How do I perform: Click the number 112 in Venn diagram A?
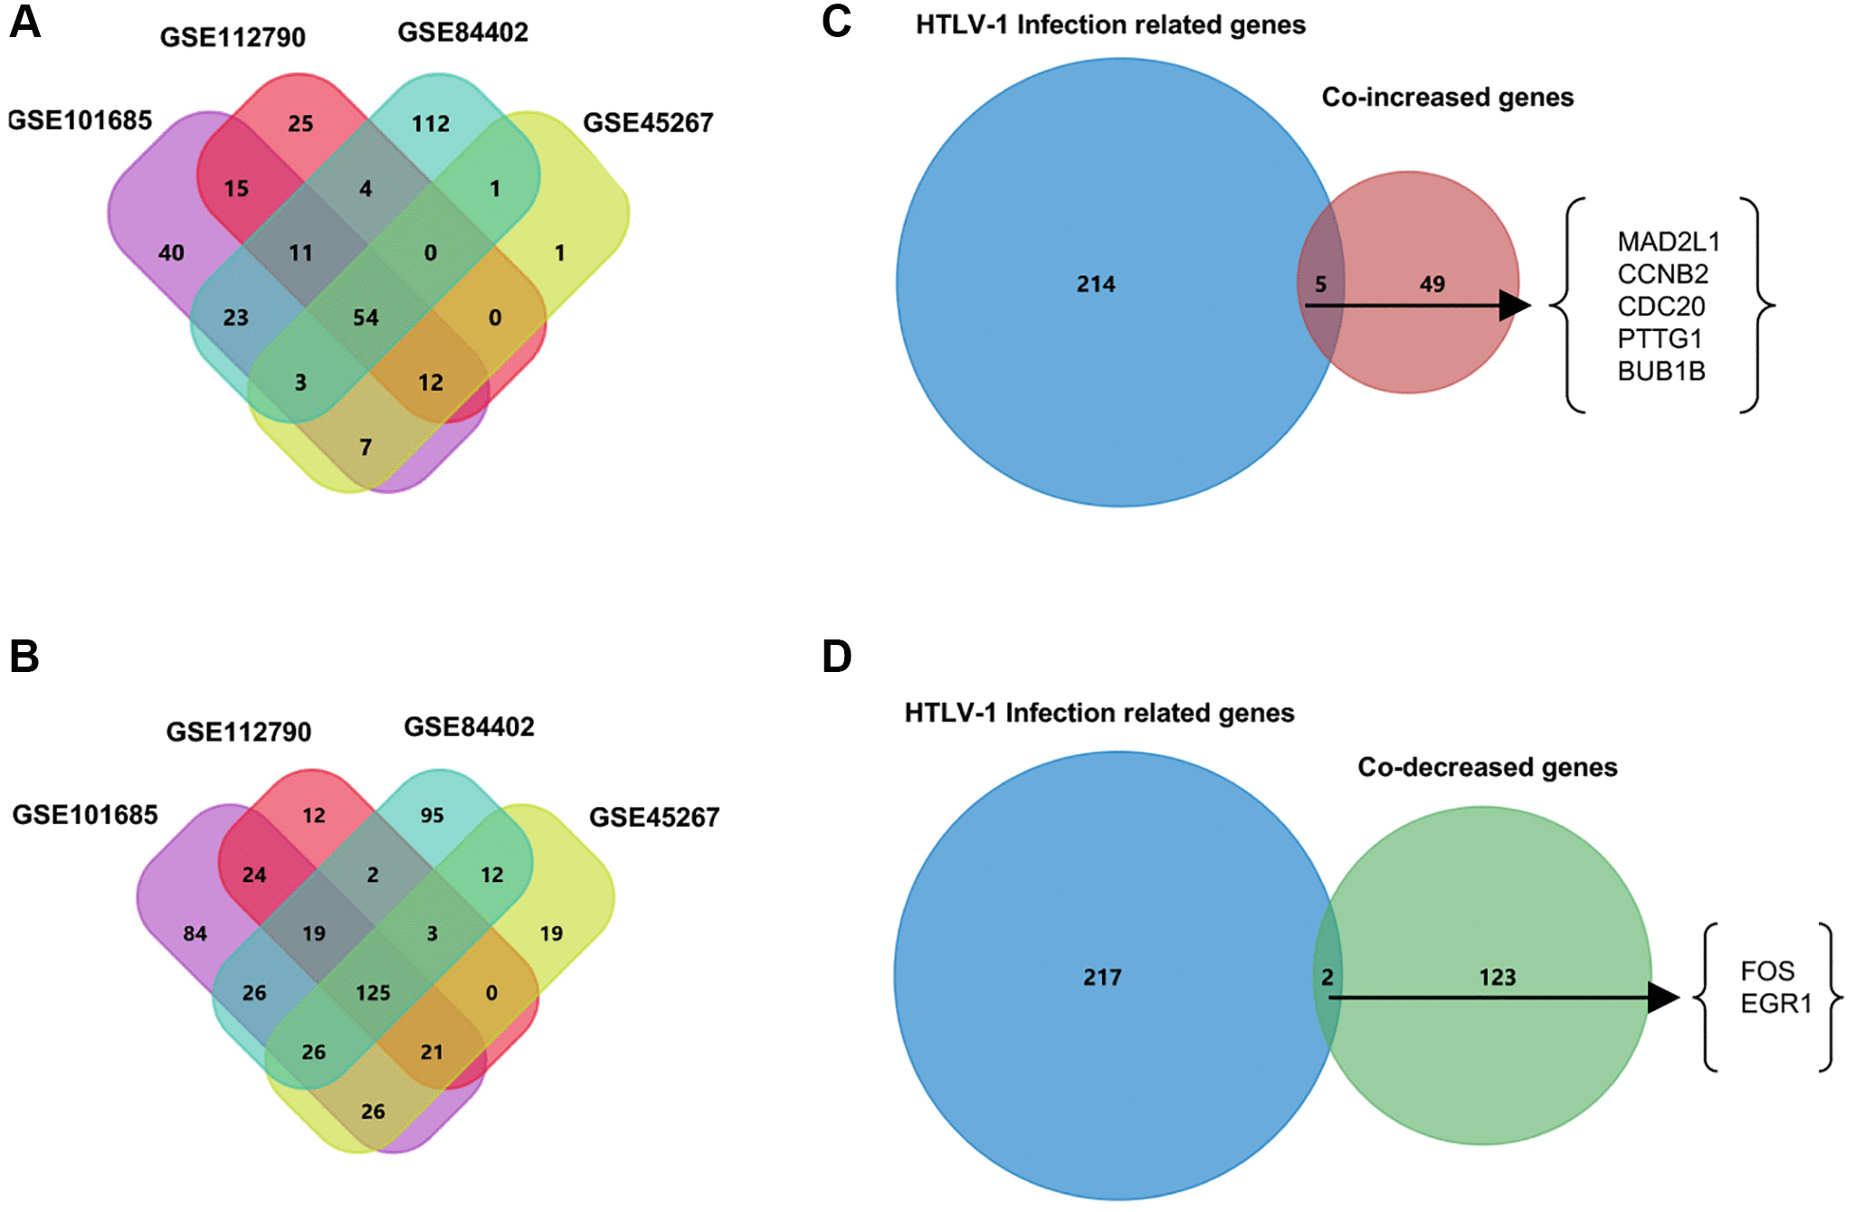430,123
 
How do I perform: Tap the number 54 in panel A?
366,317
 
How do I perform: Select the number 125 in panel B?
373,993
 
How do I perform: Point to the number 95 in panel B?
432,815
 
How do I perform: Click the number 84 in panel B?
195,933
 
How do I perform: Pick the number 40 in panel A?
171,253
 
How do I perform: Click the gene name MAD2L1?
1668,241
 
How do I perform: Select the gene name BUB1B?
1660,371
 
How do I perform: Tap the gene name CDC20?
1660,306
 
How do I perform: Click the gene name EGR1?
1775,1003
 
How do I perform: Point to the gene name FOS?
1766,971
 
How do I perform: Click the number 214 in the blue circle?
1095,284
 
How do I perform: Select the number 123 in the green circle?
1497,977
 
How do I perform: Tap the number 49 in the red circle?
1432,284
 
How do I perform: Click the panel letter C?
836,22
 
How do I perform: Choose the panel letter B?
24,656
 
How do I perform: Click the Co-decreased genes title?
1487,767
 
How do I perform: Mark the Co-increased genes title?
1447,97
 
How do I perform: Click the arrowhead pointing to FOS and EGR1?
1663,998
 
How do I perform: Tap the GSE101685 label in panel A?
80,120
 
